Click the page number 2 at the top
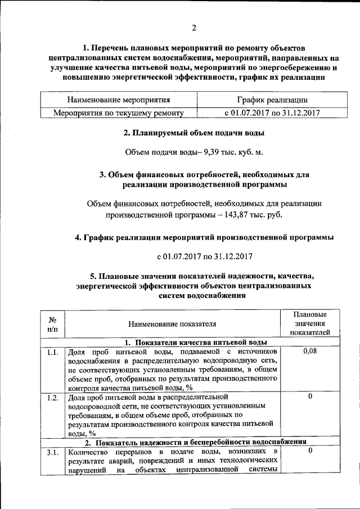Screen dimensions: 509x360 (193, 29)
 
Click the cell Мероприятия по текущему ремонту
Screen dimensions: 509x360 (119, 112)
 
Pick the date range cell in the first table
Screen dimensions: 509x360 (272, 112)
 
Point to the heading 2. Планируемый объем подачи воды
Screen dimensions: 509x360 (194, 133)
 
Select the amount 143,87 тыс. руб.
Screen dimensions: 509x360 (250, 214)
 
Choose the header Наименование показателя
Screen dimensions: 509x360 (172, 324)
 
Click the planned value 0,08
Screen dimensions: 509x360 (309, 352)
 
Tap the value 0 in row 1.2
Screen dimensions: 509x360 (309, 397)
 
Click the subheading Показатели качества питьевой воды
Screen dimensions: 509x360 (195, 343)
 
